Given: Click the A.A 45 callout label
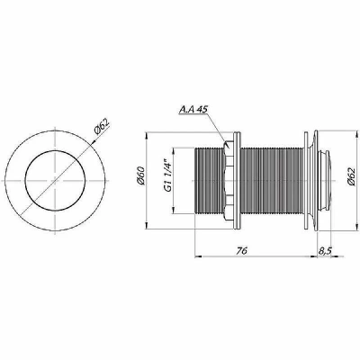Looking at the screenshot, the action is [x=193, y=110].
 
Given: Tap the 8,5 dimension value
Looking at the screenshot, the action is [x=324, y=251].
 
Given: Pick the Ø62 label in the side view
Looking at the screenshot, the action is [x=352, y=176].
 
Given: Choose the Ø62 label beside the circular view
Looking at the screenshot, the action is [x=101, y=128].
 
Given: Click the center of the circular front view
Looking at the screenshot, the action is [x=55, y=181].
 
